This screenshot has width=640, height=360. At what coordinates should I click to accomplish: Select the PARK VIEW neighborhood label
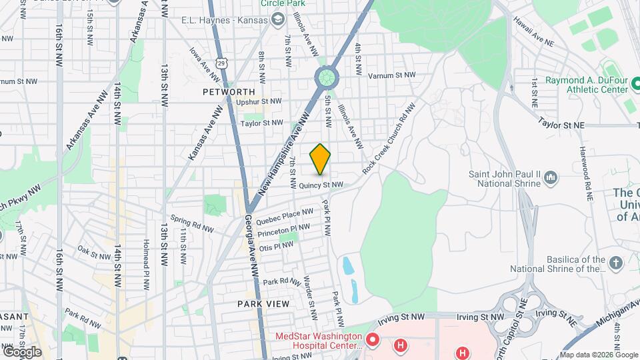[263, 304]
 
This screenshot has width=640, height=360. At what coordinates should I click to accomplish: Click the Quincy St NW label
[321, 185]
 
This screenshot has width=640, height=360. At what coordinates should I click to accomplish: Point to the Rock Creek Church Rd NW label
[389, 139]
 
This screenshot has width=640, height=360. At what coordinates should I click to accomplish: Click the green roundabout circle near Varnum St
[327, 78]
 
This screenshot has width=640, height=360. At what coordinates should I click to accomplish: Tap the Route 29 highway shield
[228, 62]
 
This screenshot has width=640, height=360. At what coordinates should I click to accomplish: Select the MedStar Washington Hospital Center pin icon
[373, 341]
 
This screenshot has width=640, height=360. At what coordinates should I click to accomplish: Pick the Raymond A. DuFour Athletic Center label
[587, 85]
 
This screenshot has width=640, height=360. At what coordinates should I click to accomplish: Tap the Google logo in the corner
[22, 351]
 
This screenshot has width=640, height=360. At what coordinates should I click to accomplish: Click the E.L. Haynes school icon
[276, 20]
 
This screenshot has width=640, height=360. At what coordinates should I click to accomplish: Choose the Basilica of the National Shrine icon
[615, 263]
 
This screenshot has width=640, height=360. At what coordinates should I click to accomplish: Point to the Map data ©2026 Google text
[599, 355]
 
